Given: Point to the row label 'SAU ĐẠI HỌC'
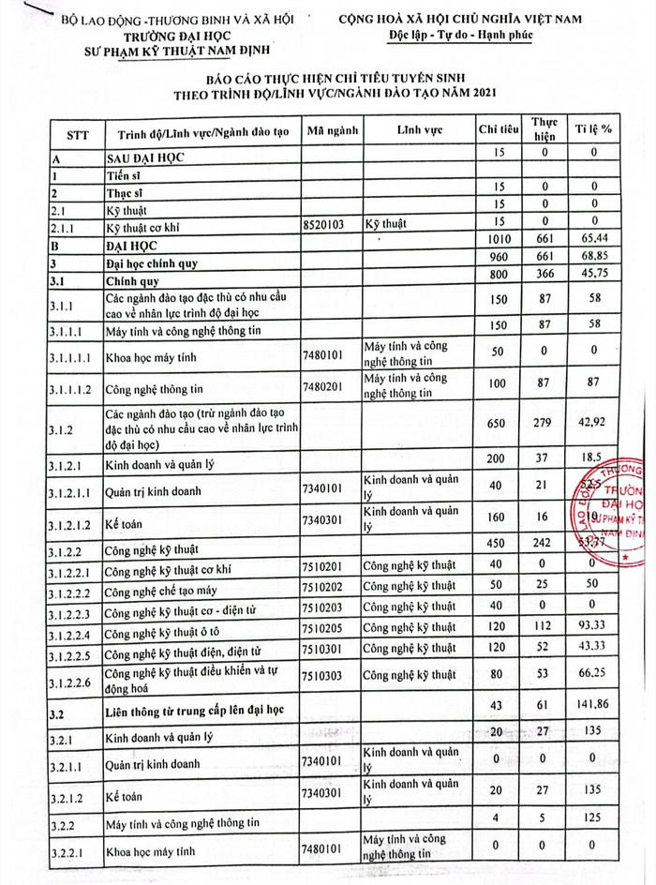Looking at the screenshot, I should (145, 159).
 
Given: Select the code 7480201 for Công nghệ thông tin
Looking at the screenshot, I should (327, 386).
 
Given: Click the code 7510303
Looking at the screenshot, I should (327, 676).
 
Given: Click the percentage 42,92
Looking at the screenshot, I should (593, 423).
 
